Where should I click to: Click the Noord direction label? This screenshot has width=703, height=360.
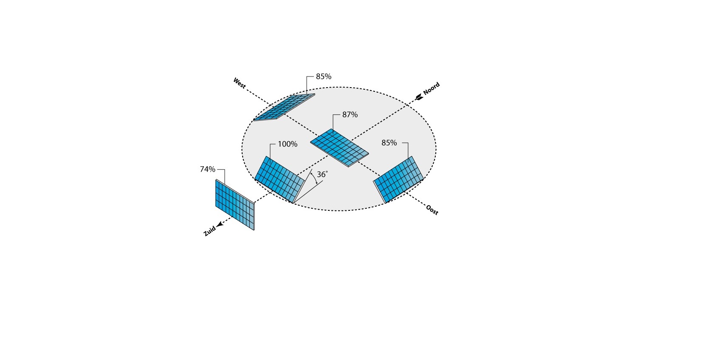click(432, 88)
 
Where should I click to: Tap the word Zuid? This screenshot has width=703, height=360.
click(210, 231)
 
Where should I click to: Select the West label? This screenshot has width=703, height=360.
click(240, 83)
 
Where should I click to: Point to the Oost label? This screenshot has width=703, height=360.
click(432, 210)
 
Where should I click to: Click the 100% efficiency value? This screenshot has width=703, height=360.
click(288, 144)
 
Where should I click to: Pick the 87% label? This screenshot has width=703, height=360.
click(350, 115)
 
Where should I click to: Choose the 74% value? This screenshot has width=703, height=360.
click(207, 169)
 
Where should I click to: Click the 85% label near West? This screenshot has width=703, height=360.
click(324, 77)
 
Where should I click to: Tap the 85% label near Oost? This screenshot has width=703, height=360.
click(389, 143)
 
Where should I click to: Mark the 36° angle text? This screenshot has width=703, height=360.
click(322, 174)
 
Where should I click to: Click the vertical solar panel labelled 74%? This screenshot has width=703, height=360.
click(235, 204)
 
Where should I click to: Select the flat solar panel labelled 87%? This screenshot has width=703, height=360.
click(339, 147)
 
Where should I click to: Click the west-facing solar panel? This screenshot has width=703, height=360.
click(284, 107)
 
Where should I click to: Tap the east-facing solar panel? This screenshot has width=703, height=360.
click(398, 179)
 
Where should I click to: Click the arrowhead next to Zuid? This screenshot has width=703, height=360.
click(220, 224)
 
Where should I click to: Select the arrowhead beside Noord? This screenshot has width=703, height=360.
click(419, 97)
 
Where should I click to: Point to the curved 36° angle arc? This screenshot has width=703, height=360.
click(314, 178)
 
